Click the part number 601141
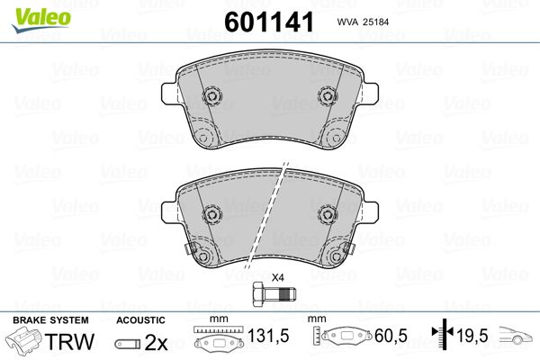(269, 22)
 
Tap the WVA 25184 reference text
(363, 22)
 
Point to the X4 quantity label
(277, 277)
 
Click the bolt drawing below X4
(274, 294)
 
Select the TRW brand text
(69, 341)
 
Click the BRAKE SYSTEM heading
(50, 320)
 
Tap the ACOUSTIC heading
(140, 320)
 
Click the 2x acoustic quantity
(156, 342)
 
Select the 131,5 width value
(268, 336)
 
